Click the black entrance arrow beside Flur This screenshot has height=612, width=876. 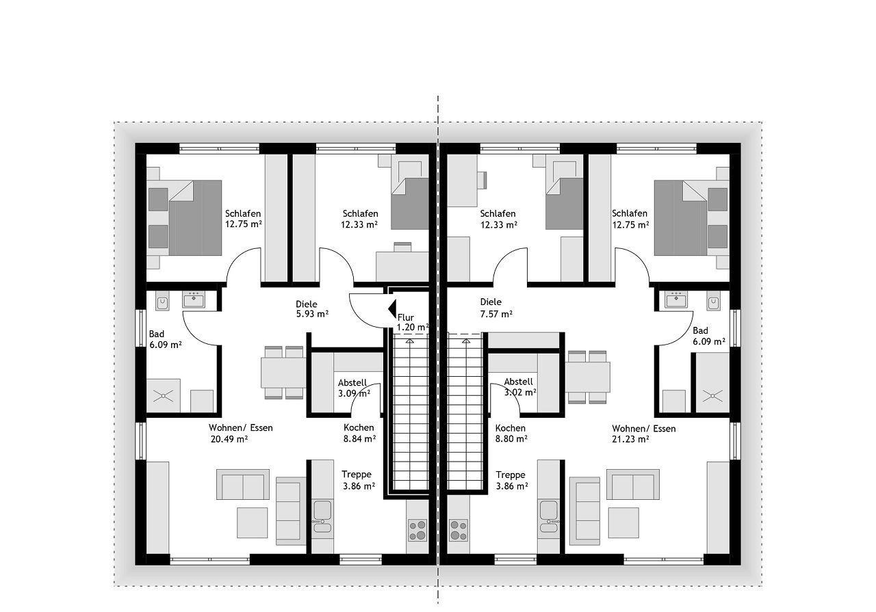(392, 309)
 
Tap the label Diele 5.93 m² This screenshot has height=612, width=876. (311, 309)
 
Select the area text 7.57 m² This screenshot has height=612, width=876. (496, 314)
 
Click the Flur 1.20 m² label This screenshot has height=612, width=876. (413, 323)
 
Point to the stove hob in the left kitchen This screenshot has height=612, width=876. (417, 530)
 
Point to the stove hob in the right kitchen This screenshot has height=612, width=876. (459, 530)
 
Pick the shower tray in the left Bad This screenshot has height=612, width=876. (163, 395)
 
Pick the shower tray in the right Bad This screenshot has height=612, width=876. (712, 395)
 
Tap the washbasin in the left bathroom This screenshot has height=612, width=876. (193, 300)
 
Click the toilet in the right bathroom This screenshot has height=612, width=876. (714, 300)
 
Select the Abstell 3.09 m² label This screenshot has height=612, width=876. (354, 388)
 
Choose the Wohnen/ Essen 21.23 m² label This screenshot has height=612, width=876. (643, 434)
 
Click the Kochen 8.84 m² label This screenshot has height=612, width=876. (359, 433)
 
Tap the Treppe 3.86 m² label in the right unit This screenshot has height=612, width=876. (511, 480)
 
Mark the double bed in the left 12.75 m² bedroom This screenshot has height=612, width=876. (184, 217)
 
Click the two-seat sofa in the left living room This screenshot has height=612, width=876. (243, 485)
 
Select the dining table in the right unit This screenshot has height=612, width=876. (587, 377)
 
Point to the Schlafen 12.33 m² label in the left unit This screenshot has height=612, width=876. (360, 219)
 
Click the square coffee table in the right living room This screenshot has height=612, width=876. (623, 523)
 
